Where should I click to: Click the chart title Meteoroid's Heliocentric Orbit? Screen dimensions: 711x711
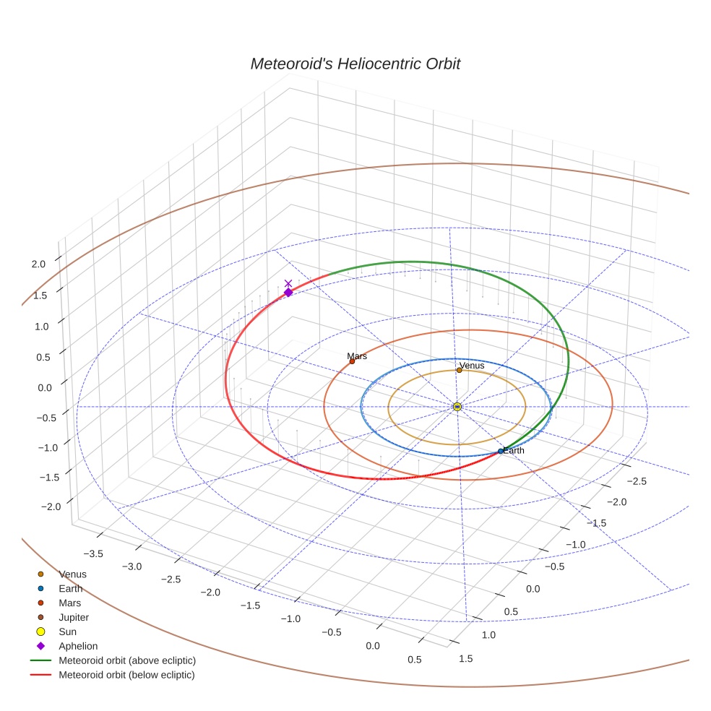tap(355, 64)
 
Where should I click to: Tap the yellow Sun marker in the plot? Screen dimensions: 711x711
tap(457, 407)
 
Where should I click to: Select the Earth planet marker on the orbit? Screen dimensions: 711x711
tap(501, 451)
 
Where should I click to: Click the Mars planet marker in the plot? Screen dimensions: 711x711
tap(352, 361)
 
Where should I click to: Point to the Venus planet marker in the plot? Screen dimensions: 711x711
tap(459, 371)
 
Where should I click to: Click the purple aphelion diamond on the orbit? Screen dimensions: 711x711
tap(288, 293)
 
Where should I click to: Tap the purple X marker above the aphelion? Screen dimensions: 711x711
tap(288, 283)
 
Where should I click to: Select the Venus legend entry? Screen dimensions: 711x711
tap(72, 574)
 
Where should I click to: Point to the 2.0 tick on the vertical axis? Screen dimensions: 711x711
tap(38, 264)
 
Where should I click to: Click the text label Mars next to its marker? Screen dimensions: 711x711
tap(357, 356)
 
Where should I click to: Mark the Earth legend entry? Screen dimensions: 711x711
tap(71, 588)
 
